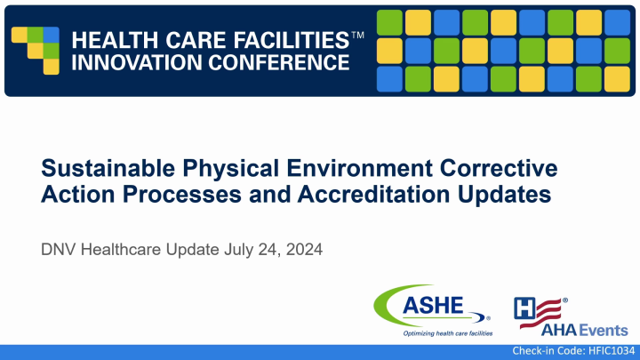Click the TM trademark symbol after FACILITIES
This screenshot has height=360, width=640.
tap(357, 35)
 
